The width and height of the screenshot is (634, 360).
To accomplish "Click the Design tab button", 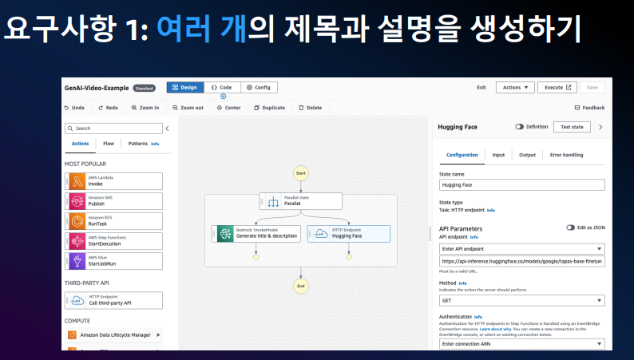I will pyautogui.click(x=184, y=88).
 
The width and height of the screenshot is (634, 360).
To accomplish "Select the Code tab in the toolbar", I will pyautogui.click(x=221, y=88).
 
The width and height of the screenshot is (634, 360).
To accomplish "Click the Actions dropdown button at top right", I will pyautogui.click(x=515, y=88).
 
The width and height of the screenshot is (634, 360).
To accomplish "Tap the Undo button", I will pyautogui.click(x=74, y=108).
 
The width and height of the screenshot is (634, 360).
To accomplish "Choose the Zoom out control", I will pyautogui.click(x=188, y=108).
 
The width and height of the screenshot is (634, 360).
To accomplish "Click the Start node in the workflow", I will pyautogui.click(x=301, y=172).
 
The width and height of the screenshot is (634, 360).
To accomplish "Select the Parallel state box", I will pyautogui.click(x=301, y=201).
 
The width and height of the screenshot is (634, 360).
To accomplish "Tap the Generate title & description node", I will pyautogui.click(x=257, y=234).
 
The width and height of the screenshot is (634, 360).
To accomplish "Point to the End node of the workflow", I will pyautogui.click(x=301, y=286).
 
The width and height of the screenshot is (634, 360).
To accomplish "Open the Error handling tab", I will pyautogui.click(x=566, y=155).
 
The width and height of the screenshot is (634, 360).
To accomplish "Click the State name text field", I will pyautogui.click(x=522, y=185).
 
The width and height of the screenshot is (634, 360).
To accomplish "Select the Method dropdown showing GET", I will pyautogui.click(x=522, y=301).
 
